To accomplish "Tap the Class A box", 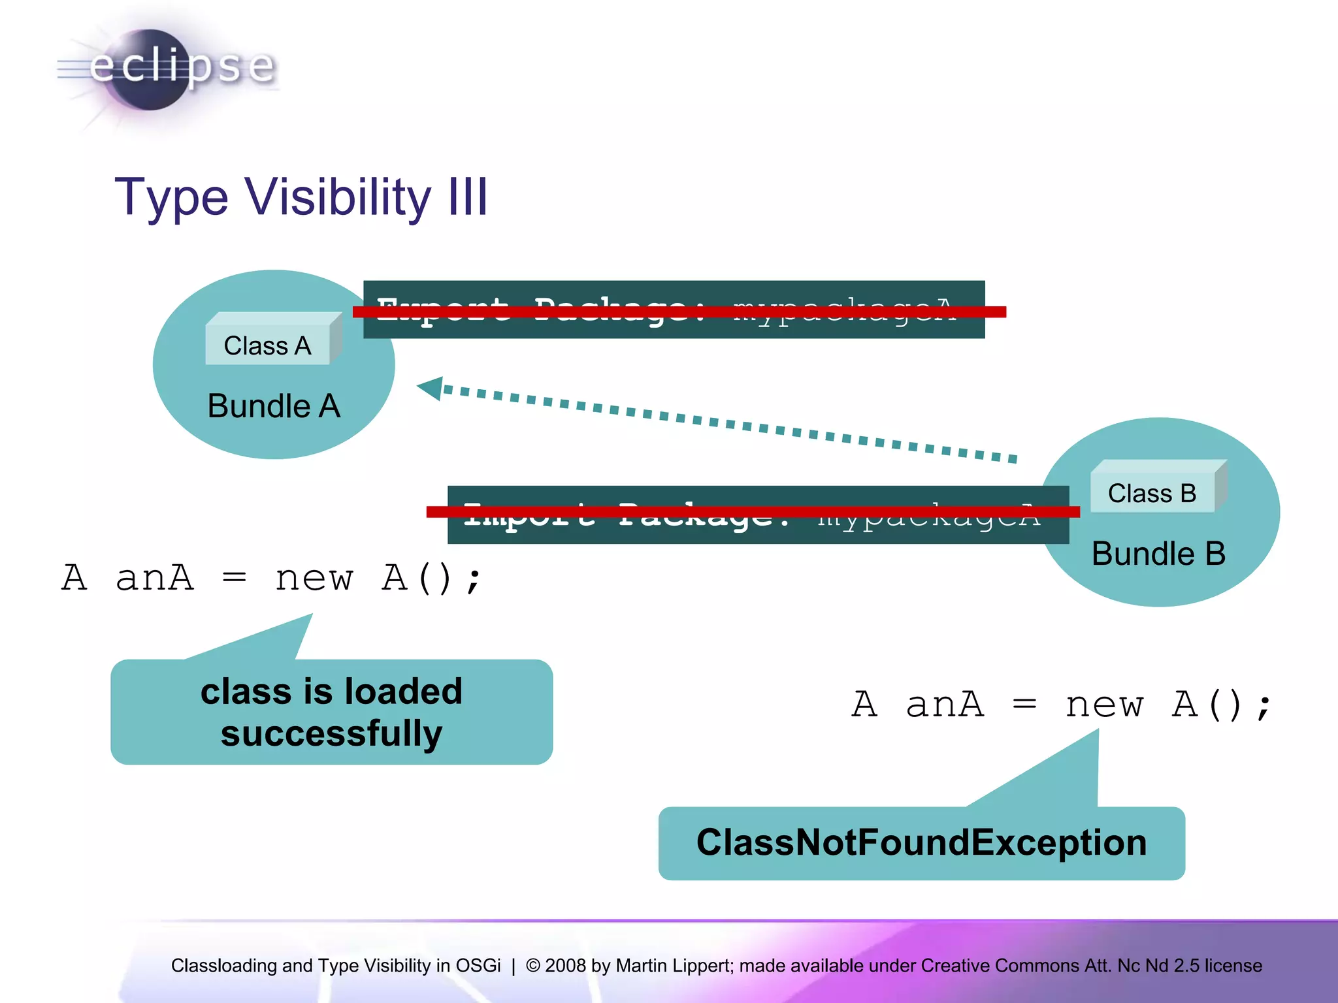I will pos(268,345).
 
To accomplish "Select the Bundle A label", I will pos(274,406).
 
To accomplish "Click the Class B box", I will pos(1152,493).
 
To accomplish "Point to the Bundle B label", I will pos(1158,554).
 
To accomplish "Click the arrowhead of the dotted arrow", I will pos(431,388).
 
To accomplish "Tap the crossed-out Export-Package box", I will pos(673,310).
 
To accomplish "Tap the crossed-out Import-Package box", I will pos(758,515).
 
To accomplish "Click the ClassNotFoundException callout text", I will pos(921,842).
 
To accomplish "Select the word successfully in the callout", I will pos(331,733).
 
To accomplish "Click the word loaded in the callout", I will pos(403,692).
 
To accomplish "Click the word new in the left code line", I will pos(314,579).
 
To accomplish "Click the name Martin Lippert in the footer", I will pos(675,965).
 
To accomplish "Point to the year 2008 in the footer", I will pos(565,965).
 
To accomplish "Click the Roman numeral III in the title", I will pos(468,197).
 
